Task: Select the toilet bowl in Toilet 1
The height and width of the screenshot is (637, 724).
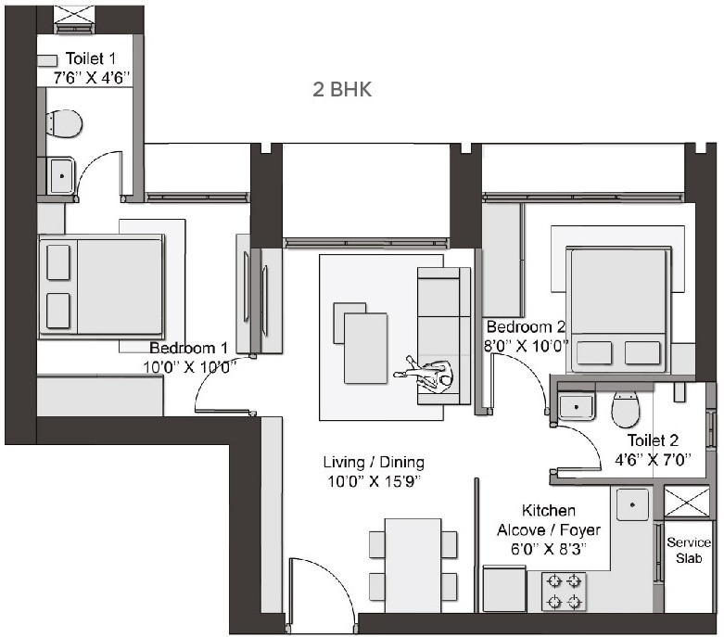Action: point(64,121)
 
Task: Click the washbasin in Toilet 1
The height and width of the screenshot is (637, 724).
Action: point(61,174)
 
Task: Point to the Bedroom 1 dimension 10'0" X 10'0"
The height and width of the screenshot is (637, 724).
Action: point(188,365)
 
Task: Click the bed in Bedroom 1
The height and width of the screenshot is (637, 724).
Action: point(101,285)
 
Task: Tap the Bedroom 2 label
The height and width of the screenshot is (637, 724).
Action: point(526,327)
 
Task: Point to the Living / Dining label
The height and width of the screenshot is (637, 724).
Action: point(374,462)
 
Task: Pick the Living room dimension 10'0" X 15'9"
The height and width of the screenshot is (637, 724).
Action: point(374,479)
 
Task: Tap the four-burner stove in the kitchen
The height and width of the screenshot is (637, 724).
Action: point(563,592)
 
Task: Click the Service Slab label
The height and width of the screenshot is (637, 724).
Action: point(689,550)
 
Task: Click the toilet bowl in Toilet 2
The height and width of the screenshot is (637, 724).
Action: point(627,407)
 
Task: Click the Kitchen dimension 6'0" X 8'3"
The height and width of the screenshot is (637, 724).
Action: point(549,549)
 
